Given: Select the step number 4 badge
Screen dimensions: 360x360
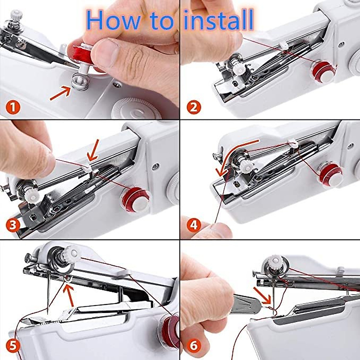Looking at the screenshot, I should (194, 225).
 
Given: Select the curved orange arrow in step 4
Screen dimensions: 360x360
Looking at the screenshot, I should (234, 156).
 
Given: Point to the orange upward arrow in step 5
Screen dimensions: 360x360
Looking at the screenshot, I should (70, 295).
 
